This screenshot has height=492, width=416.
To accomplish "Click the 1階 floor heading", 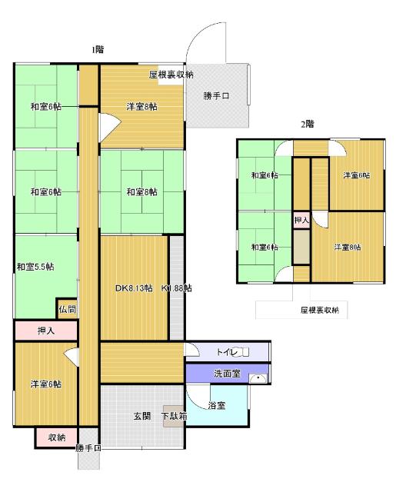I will (98, 49).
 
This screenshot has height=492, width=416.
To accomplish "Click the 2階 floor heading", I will (307, 123).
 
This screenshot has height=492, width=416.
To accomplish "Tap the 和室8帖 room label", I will (141, 192).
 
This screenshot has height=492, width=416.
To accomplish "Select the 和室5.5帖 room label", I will (35, 267).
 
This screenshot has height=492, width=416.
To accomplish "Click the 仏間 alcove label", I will (67, 309).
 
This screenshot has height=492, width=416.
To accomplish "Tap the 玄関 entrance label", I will (142, 416).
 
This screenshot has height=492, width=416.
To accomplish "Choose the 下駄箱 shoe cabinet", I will (173, 417).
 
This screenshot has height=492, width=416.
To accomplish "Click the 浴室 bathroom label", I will (217, 405).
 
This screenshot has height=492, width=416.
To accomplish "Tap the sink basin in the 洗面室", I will (261, 378).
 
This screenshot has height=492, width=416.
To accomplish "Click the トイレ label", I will (228, 352).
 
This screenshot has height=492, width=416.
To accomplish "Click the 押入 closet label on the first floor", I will (46, 331).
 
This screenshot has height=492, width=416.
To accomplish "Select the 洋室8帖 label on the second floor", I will (347, 247).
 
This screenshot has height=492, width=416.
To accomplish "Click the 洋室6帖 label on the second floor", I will (356, 175).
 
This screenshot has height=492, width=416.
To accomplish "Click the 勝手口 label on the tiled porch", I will (216, 96).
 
